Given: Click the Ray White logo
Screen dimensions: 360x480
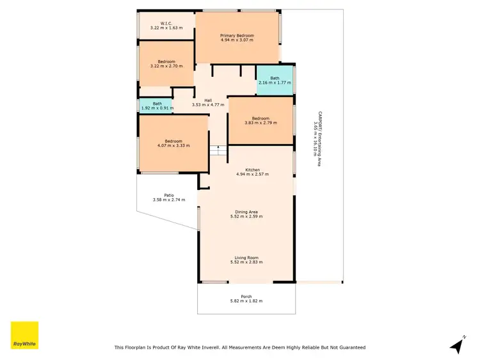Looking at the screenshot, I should [24, 335].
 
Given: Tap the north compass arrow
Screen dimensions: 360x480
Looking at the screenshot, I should [456, 346].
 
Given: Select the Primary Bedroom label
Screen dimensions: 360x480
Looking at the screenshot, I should [237, 35].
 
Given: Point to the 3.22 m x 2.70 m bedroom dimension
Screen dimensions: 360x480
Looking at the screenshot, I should [166, 67].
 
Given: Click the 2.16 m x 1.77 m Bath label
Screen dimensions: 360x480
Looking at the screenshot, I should [274, 79].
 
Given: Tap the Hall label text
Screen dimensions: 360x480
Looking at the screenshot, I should [208, 100].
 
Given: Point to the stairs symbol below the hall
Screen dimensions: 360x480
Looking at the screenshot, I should [218, 151].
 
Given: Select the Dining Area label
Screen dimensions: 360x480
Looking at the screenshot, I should [246, 212].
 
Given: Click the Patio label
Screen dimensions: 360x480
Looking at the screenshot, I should [169, 195].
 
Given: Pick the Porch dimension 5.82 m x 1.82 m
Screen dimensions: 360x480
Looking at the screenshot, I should [246, 301].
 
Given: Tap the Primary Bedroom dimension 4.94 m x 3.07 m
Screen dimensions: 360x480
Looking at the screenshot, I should [237, 40].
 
